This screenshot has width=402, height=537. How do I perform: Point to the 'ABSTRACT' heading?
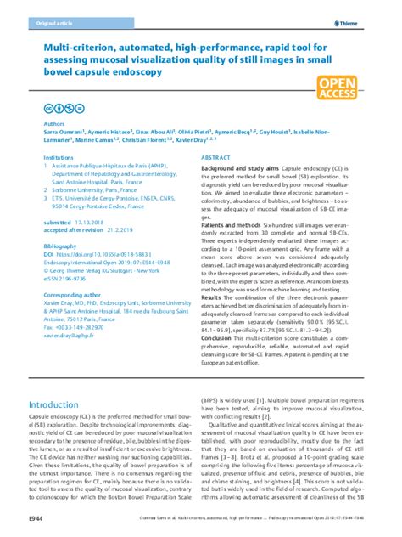point(220,158)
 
